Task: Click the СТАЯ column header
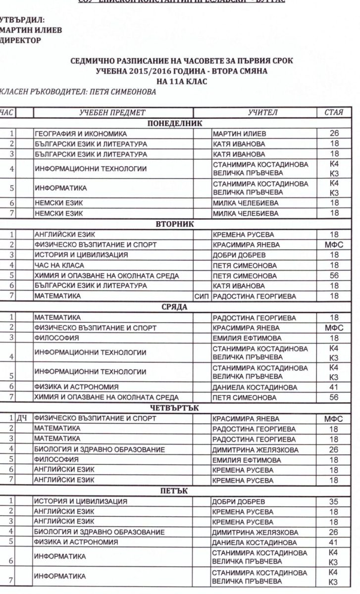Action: point(333,112)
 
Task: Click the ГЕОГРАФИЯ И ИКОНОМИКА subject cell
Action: point(81,134)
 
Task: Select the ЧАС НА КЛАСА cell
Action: point(55,265)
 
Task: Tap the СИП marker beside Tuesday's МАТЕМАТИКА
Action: point(203,297)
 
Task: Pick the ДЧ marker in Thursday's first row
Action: point(22,419)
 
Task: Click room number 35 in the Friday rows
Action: point(333,501)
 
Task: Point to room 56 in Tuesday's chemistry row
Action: point(333,276)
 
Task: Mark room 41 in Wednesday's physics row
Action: point(333,387)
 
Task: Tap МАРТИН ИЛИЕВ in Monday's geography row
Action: point(239,134)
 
